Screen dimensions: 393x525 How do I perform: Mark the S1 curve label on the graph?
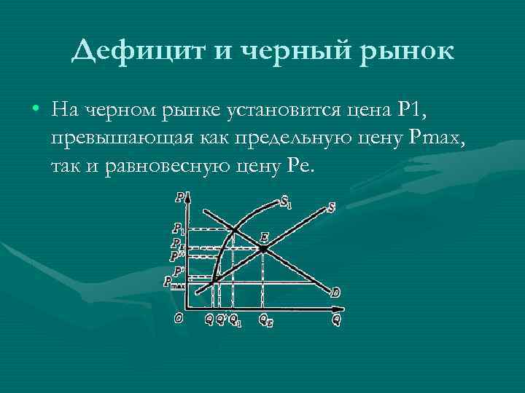click(x=287, y=201)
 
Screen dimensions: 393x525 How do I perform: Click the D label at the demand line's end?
click(x=335, y=293)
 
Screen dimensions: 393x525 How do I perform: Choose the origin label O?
click(x=178, y=318)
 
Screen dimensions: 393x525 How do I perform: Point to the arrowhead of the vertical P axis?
click(x=188, y=195)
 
